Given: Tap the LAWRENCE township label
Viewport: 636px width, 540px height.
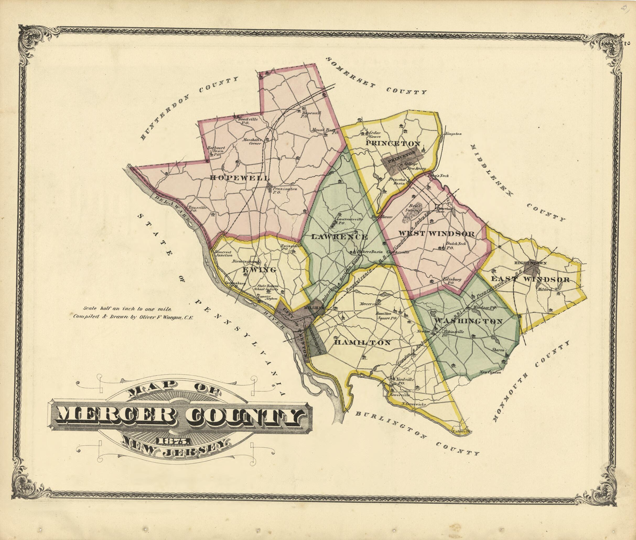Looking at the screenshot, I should (339, 237).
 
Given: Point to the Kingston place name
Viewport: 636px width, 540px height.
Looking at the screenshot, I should (454, 133).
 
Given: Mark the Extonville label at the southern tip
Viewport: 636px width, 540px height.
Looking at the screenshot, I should (462, 431).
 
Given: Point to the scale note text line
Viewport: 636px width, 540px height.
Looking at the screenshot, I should (124, 309).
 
